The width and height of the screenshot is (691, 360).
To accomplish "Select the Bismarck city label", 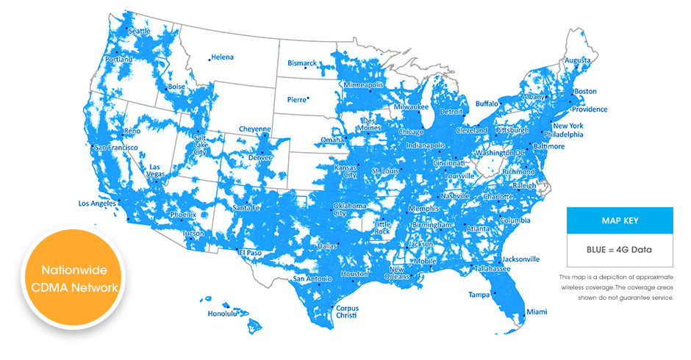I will point(301,63).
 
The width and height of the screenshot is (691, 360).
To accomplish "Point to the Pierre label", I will point(296,99).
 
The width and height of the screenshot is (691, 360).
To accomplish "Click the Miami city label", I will point(537,312).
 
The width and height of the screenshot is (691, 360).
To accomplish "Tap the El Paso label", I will point(251,253).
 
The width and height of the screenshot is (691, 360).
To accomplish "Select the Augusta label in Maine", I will point(578,60).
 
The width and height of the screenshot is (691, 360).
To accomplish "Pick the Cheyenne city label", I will point(255,129).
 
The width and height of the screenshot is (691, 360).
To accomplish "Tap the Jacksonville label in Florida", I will point(521,259).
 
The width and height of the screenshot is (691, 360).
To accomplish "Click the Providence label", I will point(590,109).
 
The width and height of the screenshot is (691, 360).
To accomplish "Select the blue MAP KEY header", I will point(620,220).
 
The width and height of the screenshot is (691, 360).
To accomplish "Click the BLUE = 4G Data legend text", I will point(620,250).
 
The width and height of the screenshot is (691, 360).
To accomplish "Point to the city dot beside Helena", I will point(210,59).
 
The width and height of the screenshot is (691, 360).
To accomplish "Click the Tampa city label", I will point(479,295).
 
